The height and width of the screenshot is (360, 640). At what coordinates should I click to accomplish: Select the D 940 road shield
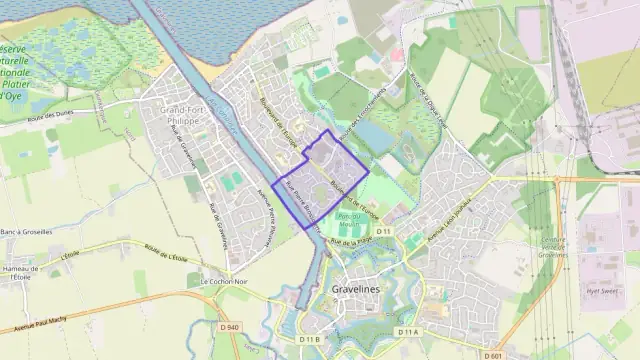point(229,327)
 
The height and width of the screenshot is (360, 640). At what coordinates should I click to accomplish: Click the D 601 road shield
point(492,355)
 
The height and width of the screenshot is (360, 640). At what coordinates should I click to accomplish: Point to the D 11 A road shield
point(406,332)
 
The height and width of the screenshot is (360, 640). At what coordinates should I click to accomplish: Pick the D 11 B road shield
point(309,340)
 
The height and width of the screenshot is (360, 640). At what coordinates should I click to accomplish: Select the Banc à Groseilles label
point(27,233)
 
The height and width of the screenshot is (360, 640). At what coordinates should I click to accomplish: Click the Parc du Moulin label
point(349,220)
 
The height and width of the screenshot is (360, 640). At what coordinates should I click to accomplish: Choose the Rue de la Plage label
point(352,241)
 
